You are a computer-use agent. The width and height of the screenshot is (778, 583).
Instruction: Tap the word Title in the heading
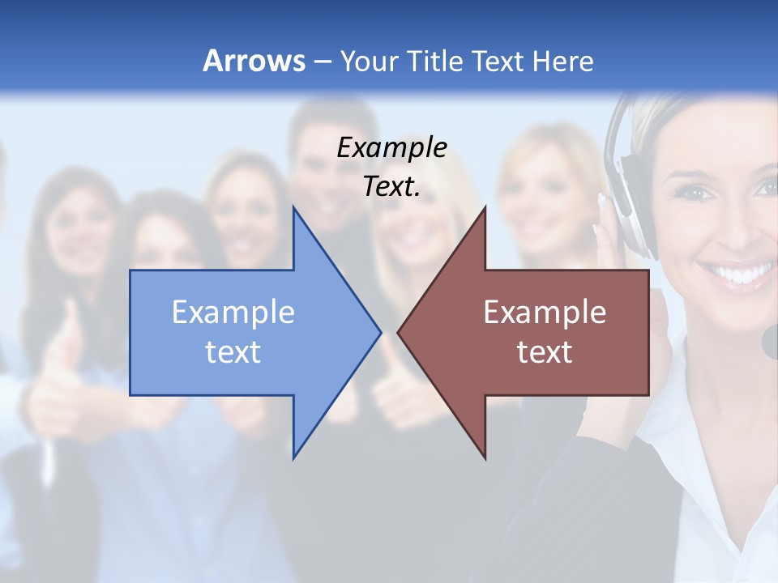point(434,61)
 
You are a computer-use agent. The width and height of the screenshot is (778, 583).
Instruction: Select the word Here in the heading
point(563,61)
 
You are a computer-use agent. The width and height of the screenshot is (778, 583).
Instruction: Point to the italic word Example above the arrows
point(391,148)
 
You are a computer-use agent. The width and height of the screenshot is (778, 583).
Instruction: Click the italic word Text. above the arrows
point(391,187)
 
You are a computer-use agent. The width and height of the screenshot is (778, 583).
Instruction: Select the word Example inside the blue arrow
point(233,313)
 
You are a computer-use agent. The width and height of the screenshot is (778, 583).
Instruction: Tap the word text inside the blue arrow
point(233,351)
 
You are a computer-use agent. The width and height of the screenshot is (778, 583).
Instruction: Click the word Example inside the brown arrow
point(545,313)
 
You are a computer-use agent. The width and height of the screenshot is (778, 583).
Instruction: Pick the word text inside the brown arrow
point(545,351)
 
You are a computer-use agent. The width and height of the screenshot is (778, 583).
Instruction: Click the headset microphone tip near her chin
point(770,341)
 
